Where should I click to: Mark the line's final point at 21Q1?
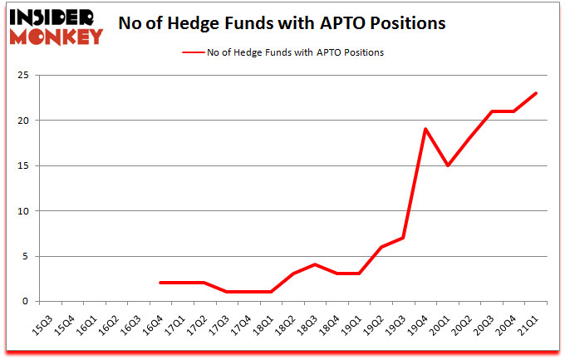(x=535, y=93)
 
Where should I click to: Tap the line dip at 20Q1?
(x=449, y=165)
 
